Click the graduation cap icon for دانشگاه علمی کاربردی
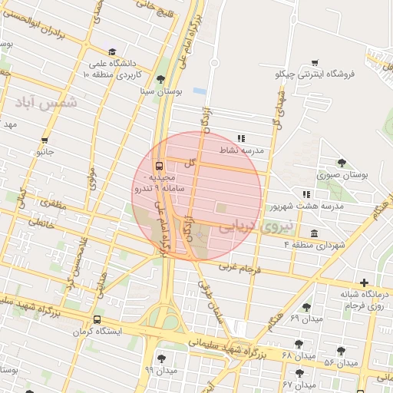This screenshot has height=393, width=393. tap(113, 51)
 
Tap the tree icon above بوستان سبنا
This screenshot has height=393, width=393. tap(160, 79)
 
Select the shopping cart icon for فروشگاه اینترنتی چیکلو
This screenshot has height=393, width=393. tap(315, 63)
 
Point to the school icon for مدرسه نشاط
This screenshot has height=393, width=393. tap(241, 139)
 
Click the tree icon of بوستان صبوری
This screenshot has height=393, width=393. tap(342, 163)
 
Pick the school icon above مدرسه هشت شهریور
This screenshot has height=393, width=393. tap(306, 195)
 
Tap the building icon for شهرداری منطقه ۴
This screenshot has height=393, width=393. tap(314, 233)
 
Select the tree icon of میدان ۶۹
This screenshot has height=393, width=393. tap(306, 307)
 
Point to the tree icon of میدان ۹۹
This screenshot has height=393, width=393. tap(160, 358)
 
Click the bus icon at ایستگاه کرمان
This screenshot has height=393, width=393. tap(97, 320)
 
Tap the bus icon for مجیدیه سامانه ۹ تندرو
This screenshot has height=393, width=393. tap(159, 166)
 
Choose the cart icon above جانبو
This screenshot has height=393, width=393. tap(45, 140)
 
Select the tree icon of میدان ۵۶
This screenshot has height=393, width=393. tap(341, 351)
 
